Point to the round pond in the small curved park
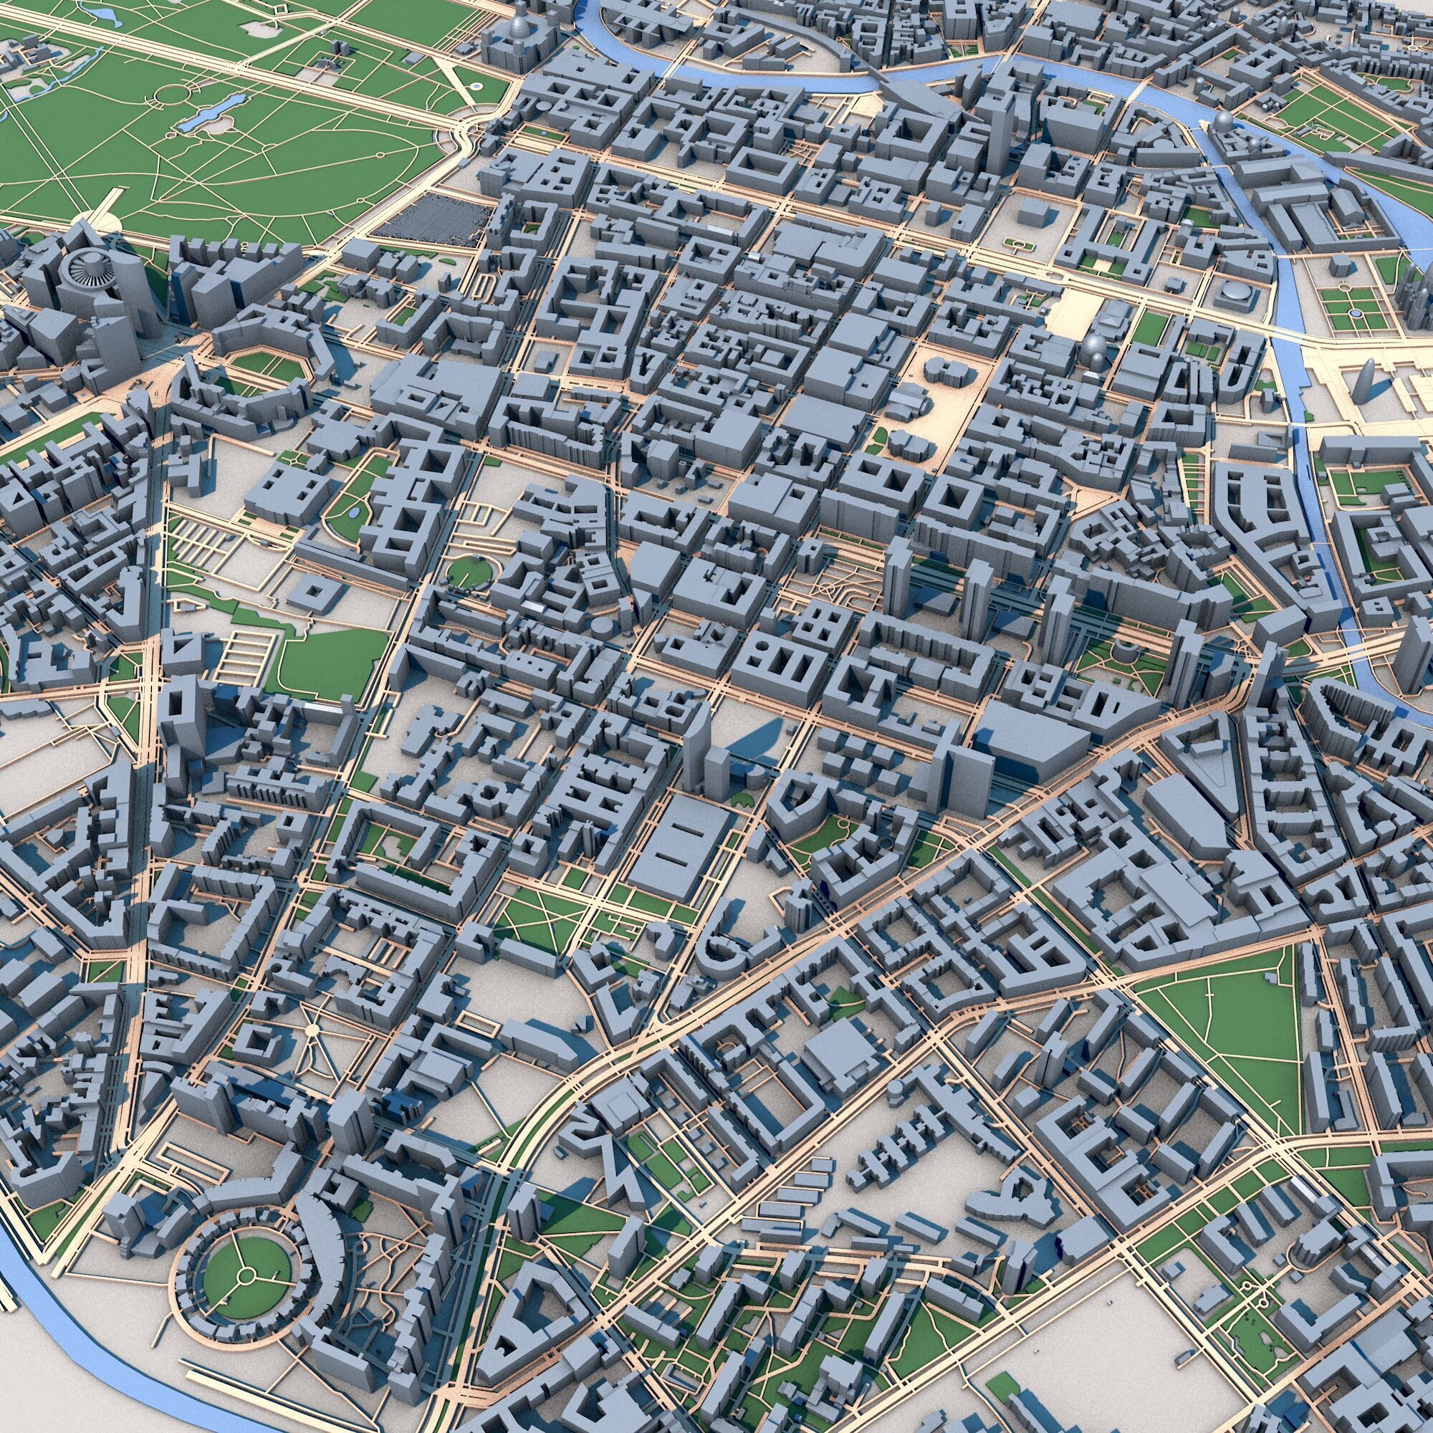click(x=355, y=512)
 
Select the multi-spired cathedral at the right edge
click(x=1420, y=293)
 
